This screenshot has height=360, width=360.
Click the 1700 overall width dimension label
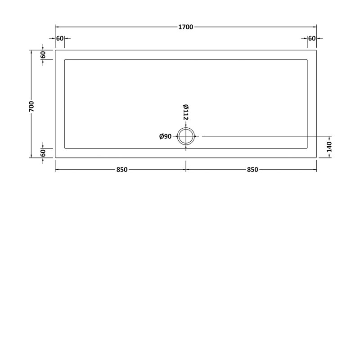click(186, 27)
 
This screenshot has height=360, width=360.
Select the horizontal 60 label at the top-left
click(60, 39)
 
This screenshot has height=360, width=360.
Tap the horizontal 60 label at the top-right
click(312, 39)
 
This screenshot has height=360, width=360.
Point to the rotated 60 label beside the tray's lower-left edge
click(43, 153)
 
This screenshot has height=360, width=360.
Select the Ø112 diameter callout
click(185, 112)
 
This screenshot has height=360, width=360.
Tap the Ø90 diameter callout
click(166, 136)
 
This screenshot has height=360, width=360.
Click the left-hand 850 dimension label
click(121, 170)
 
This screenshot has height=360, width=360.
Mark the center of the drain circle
click(186, 136)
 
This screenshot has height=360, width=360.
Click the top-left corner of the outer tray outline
click(55, 50)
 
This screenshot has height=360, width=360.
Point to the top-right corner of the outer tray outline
click(317, 50)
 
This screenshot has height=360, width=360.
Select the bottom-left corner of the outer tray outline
click(55, 158)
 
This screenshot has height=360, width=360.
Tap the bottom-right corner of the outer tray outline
click(317, 158)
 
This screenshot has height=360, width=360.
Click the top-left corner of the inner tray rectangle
click(65, 59)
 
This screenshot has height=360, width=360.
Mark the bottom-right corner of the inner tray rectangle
click(307, 148)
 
